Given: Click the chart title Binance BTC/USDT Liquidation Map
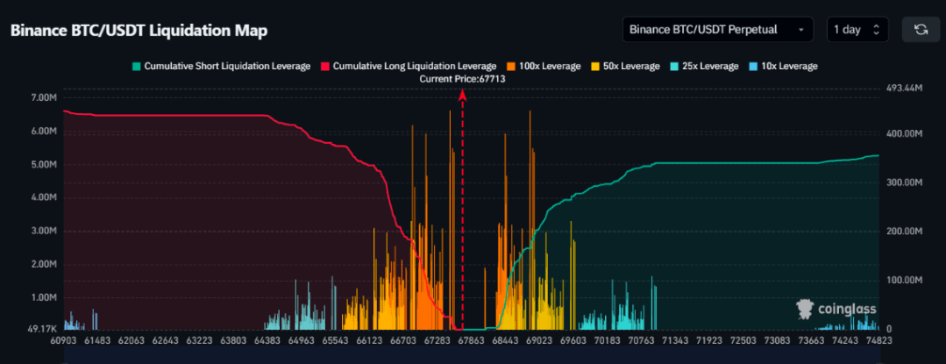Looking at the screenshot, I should coord(139,31).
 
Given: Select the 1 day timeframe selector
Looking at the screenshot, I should coord(857,30).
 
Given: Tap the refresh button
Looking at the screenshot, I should coord(921,30).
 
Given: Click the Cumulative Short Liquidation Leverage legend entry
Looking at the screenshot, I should coord(220,67).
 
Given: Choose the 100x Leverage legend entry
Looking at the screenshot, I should coord(544,67).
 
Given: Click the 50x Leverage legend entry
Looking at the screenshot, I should coord(627,67).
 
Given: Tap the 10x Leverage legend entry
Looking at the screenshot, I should coord(783,67).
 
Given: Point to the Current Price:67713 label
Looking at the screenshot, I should coord(463,79).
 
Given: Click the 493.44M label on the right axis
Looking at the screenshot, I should coord(904,89).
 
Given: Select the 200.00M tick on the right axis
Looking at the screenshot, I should coord(904,232).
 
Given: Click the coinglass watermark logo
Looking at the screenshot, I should coord(834,308).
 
